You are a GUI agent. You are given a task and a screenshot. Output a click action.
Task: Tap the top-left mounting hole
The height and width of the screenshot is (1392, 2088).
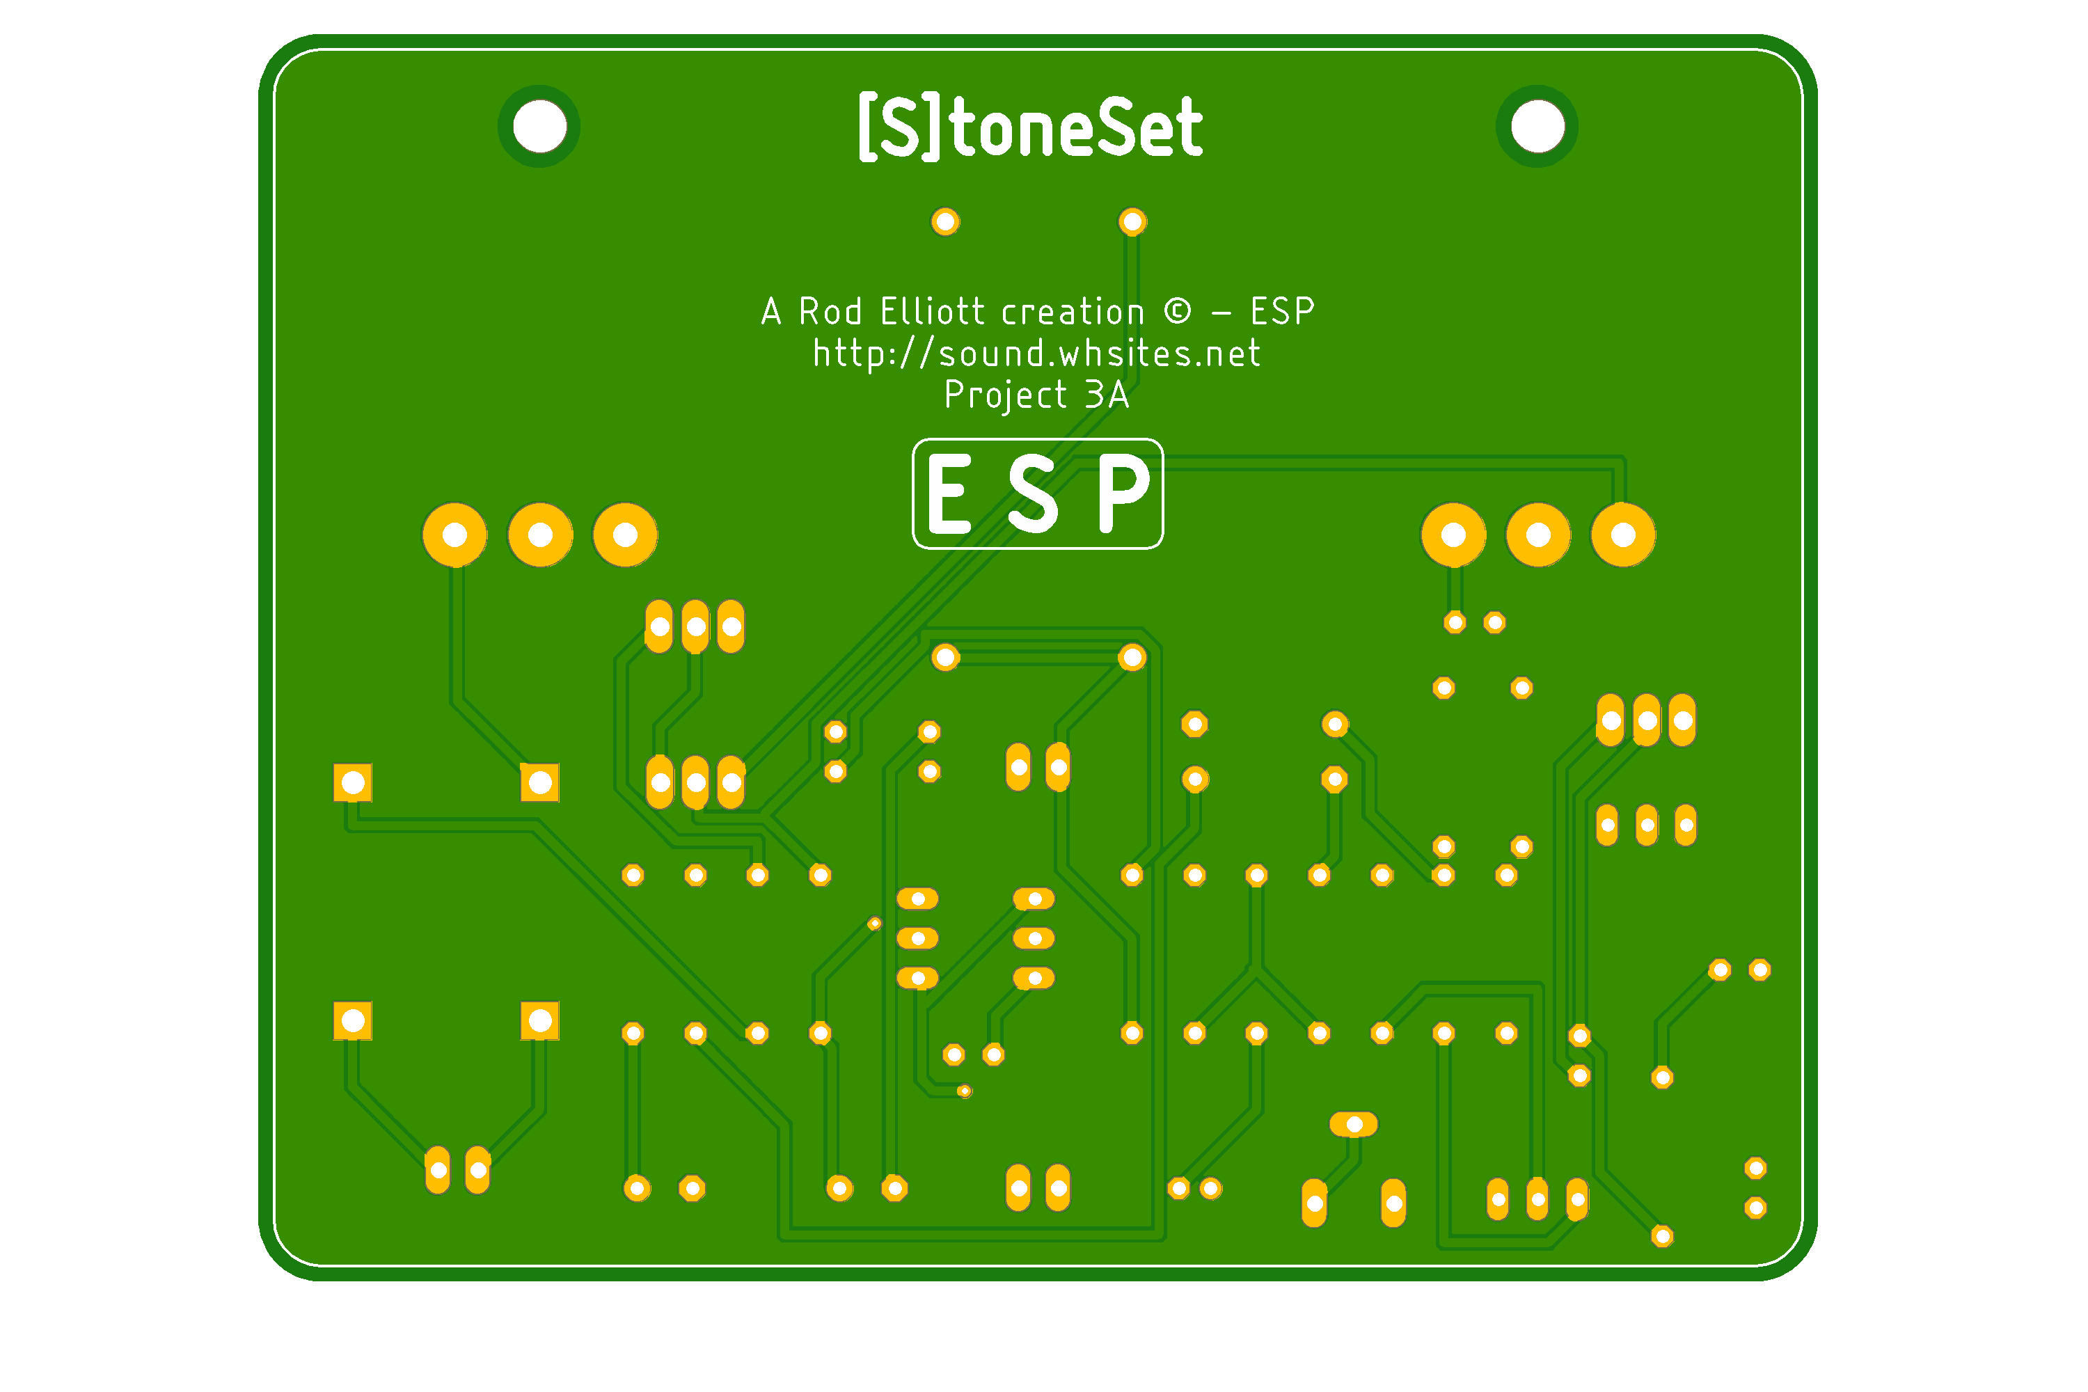tap(539, 126)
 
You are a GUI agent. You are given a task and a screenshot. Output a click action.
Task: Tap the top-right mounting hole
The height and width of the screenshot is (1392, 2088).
tap(1537, 126)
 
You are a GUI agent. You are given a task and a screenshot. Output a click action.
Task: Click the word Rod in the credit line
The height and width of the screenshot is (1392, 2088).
tap(830, 312)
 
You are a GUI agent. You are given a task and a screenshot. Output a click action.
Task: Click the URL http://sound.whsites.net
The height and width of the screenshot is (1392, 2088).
tap(1036, 354)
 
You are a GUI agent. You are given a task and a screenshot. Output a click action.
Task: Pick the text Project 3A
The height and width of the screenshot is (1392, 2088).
tap(1036, 394)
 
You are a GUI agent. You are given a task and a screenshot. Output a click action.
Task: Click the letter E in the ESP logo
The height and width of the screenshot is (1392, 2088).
tap(949, 493)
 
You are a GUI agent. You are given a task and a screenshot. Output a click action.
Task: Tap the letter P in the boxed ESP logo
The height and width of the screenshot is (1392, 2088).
tap(1123, 493)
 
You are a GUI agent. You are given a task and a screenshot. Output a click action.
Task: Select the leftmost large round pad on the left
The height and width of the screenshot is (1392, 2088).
tap(454, 535)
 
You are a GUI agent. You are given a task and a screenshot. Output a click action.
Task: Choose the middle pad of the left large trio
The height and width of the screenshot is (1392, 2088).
tap(540, 535)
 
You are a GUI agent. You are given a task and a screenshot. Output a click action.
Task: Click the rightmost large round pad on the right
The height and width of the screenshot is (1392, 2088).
tap(1623, 535)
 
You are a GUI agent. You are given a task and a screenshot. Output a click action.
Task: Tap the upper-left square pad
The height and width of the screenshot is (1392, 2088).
tap(352, 782)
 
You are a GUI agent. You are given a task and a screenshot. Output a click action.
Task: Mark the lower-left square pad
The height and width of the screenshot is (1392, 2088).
tap(352, 1021)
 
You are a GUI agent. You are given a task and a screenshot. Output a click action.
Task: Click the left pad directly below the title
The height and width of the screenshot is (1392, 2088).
tap(944, 221)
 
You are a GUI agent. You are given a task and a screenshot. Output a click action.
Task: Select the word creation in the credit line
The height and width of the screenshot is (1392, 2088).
tap(1073, 312)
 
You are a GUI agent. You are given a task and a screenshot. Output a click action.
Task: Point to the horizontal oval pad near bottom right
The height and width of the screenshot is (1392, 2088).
tap(1353, 1125)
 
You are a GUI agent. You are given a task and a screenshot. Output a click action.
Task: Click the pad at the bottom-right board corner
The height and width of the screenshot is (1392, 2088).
tap(1755, 1208)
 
